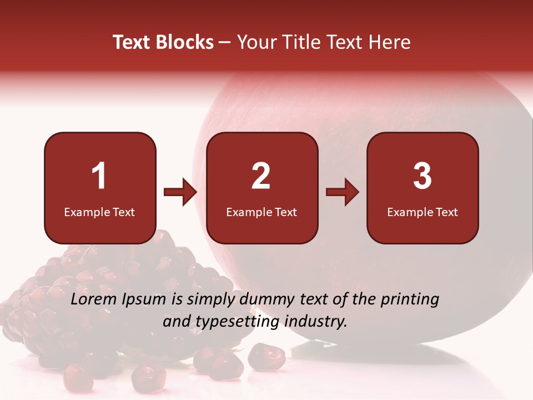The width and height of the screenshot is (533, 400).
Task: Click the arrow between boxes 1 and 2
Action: pos(181,193)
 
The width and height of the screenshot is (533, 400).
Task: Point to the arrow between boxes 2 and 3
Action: pos(343,193)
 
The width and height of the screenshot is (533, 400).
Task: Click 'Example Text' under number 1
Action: pos(99,212)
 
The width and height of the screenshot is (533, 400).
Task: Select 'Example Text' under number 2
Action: pos(262,212)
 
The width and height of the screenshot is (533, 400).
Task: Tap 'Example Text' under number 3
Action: pos(423,212)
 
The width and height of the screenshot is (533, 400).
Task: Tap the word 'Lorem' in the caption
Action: pos(95,299)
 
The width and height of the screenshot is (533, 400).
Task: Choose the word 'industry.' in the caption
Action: pos(316,322)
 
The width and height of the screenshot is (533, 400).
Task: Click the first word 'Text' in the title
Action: pos(132,42)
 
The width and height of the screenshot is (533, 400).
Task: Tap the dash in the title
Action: pos(225,43)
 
